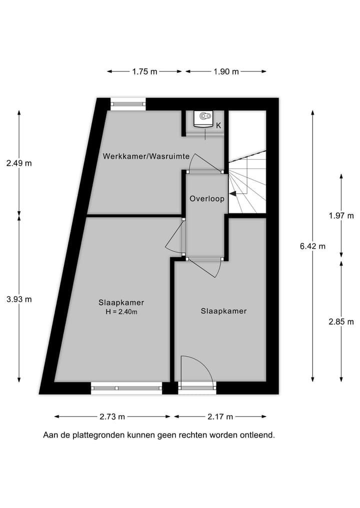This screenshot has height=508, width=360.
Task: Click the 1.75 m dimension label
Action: pyautogui.click(x=144, y=71)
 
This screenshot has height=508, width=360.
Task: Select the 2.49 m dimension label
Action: pyautogui.click(x=19, y=163)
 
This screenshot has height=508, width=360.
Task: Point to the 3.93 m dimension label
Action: pyautogui.click(x=19, y=299)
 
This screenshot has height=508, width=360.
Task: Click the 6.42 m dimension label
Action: pyautogui.click(x=312, y=246)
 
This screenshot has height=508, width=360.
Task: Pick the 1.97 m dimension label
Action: pyautogui.click(x=341, y=216)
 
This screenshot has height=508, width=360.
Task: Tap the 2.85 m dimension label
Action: pyautogui.click(x=341, y=322)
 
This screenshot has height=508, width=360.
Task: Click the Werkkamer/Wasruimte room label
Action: pyautogui.click(x=146, y=156)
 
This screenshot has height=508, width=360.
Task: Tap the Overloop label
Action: pyautogui.click(x=206, y=198)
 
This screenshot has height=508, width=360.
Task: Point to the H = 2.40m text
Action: pyautogui.click(x=121, y=312)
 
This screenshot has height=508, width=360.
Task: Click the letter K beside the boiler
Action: pyautogui.click(x=218, y=126)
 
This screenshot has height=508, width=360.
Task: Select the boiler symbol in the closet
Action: pyautogui.click(x=204, y=118)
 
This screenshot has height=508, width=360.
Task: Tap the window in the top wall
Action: pyautogui.click(x=128, y=104)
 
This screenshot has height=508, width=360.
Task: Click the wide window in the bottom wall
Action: pyautogui.click(x=126, y=388)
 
